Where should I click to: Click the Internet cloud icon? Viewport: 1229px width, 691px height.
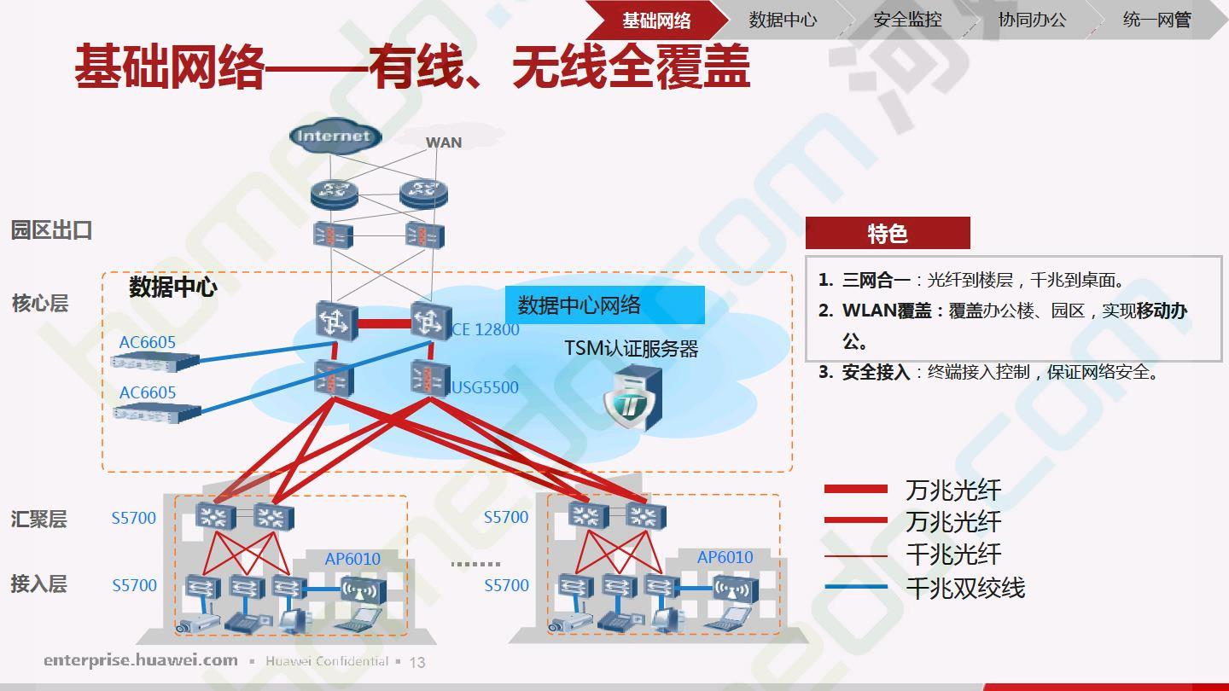335,136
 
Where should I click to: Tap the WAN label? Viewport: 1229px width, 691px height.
444,142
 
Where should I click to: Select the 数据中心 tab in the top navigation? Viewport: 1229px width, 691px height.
783,20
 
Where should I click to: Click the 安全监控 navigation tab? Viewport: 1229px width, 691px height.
907,20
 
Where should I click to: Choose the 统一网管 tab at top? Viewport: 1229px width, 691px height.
1156,20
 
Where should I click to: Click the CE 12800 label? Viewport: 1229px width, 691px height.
485,329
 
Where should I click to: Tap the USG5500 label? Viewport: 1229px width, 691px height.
485,387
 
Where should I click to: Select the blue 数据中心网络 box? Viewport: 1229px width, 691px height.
604,305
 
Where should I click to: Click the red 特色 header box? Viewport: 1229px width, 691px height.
888,233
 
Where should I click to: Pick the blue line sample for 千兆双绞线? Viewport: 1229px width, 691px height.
855,587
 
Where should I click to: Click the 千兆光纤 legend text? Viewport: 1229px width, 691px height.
953,555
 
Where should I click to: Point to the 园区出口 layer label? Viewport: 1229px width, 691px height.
51,230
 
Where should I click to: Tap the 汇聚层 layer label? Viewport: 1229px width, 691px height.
39,519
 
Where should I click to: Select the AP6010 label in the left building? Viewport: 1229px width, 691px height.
352,559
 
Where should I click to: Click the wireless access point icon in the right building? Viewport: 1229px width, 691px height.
735,590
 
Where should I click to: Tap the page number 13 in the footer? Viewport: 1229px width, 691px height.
417,663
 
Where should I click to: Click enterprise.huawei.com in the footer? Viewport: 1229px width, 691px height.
141,659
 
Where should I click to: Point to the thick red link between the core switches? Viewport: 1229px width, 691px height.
385,323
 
